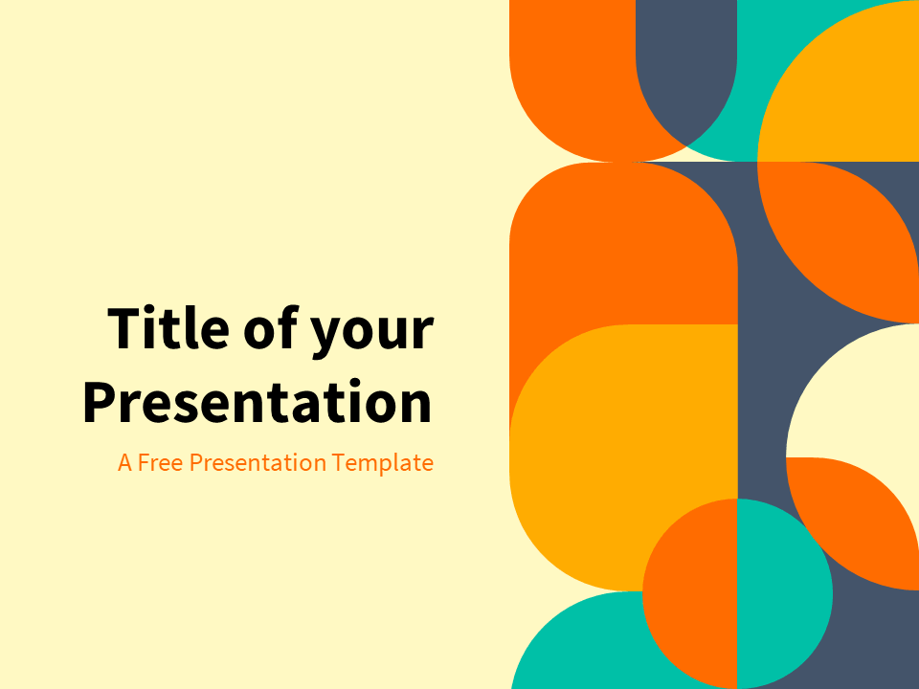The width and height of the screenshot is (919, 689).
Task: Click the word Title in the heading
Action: point(168,328)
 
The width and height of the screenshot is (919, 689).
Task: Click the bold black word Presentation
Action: point(257,403)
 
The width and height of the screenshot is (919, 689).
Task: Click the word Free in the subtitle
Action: point(161,463)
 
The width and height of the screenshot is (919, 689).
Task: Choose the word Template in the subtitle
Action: point(383,463)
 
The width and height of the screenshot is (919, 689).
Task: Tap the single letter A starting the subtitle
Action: point(124,463)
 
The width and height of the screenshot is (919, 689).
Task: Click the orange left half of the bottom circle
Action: point(689,593)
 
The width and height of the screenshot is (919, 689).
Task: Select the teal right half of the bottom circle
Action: point(783,593)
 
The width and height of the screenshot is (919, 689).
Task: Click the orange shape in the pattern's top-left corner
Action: point(565,67)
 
